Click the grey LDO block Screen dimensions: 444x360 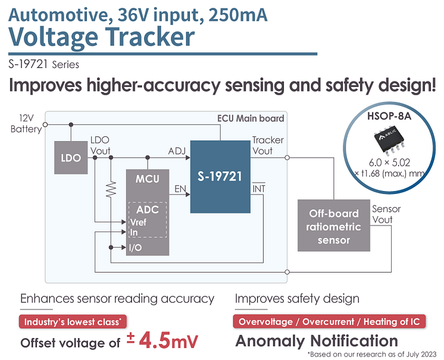[71, 158]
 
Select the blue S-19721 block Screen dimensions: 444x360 [220, 177]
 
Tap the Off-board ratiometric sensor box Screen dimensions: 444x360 [333, 226]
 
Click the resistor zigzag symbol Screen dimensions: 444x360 [111, 189]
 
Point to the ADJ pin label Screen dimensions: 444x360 [177, 151]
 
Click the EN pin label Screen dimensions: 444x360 [180, 189]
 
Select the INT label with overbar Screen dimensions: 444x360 [259, 188]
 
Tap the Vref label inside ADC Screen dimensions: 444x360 [138, 222]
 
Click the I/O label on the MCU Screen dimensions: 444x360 [135, 248]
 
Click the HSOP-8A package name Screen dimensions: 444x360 [389, 116]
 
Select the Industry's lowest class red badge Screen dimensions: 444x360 [73, 322]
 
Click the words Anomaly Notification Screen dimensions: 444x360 [317, 341]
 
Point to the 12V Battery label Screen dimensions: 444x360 [26, 123]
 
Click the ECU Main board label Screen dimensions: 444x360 [251, 118]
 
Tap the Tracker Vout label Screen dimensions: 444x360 [268, 145]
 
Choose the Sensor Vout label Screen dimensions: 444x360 [386, 214]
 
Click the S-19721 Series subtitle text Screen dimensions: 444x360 [44, 64]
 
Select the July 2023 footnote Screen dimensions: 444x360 [372, 354]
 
